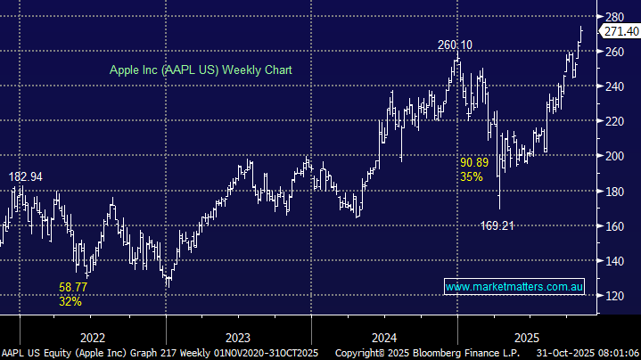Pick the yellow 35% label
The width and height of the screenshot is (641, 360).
[x=472, y=176]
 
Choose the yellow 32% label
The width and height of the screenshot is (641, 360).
[x=70, y=301]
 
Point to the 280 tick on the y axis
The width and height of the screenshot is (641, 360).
[x=614, y=17]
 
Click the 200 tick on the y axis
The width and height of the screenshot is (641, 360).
[x=614, y=156]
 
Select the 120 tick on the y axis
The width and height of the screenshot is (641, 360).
[x=614, y=296]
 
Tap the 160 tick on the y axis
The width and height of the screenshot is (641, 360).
[x=614, y=226]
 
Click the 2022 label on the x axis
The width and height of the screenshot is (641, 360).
[x=92, y=337]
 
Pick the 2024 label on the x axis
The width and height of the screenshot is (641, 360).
[x=384, y=337]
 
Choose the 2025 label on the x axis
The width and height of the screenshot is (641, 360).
[x=525, y=337]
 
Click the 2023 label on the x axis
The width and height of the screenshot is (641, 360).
[x=238, y=337]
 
